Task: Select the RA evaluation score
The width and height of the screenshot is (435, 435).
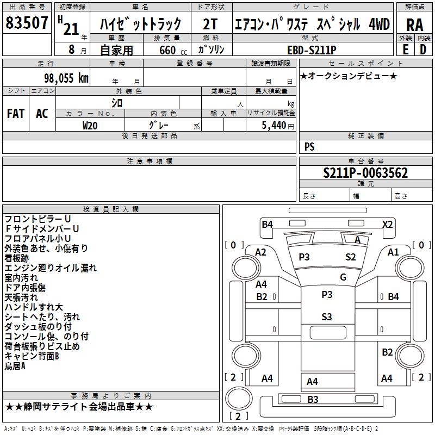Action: [x=414, y=25]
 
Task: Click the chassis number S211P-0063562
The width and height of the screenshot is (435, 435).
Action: [x=365, y=173]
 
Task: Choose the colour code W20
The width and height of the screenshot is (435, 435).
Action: [x=90, y=125]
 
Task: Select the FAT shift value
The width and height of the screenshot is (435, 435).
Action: [x=16, y=114]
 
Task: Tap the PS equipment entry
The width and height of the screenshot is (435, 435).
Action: [x=309, y=147]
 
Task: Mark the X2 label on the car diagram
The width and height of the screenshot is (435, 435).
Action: [x=387, y=224]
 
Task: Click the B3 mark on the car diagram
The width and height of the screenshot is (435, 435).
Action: [x=313, y=400]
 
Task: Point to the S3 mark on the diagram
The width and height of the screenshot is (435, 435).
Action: [x=326, y=317]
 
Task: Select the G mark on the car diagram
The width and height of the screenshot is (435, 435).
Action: [x=343, y=277]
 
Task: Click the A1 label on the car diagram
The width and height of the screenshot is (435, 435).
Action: [x=393, y=252]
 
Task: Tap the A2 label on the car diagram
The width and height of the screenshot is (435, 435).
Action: [x=261, y=252]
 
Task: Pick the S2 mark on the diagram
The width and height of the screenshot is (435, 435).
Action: [x=350, y=257]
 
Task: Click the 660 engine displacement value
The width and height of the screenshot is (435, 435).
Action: [x=167, y=50]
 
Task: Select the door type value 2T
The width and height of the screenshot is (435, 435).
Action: [x=210, y=24]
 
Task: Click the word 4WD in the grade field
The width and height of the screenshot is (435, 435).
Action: [x=379, y=24]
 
